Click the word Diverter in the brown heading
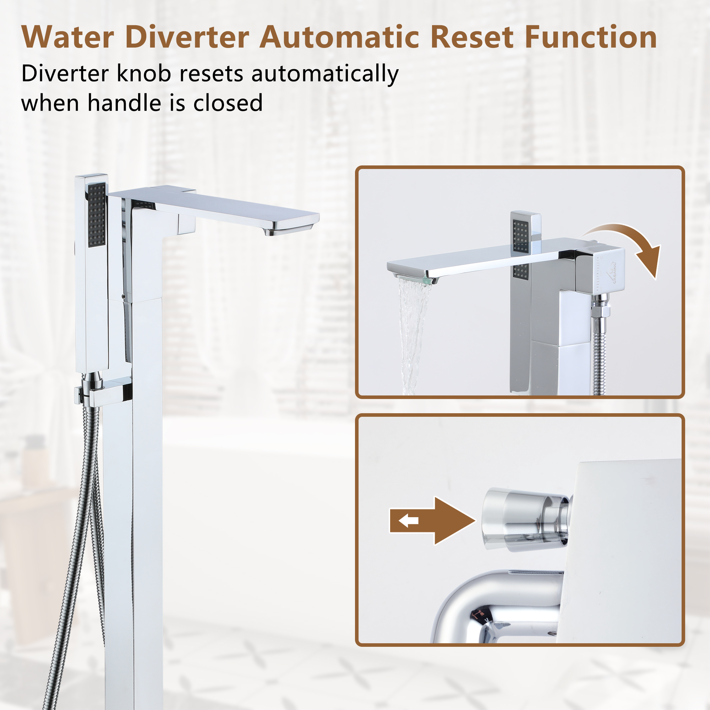[x=187, y=37]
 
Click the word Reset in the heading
[x=471, y=37]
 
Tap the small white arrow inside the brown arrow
[x=409, y=520]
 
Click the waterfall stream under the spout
[x=414, y=331]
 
